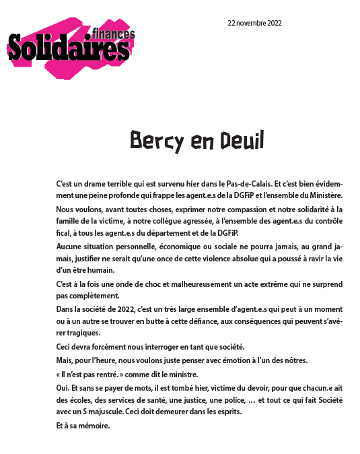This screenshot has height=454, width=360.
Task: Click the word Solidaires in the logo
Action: (x=67, y=48)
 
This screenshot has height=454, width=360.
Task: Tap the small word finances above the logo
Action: (x=113, y=34)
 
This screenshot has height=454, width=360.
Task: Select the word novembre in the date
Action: (x=253, y=22)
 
